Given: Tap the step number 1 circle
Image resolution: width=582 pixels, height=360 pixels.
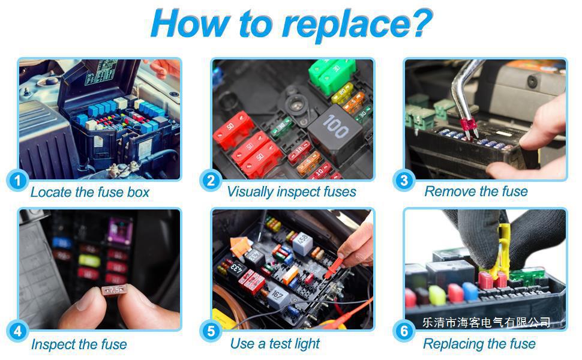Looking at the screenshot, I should coord(19,180).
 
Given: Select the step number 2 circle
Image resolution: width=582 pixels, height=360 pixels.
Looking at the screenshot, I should coord(210,180).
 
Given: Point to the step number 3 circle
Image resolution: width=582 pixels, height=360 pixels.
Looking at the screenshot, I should coord(404,180).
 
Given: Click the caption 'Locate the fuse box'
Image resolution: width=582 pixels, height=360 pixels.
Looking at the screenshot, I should coord(89,193).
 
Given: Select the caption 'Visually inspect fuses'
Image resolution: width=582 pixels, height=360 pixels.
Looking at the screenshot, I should coord(291,192).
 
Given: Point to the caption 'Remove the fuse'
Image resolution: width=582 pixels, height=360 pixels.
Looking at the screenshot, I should coord(476,192).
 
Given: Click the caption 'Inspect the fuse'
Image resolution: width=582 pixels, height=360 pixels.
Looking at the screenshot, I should coord(79,344).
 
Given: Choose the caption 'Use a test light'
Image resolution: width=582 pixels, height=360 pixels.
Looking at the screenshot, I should coord(275,344).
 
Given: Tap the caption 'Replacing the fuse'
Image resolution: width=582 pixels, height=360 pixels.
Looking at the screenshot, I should coord(479,344).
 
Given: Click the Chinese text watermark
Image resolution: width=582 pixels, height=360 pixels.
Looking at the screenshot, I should coord(486,323).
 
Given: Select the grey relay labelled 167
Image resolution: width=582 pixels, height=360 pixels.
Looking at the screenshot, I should coord(277,295).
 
